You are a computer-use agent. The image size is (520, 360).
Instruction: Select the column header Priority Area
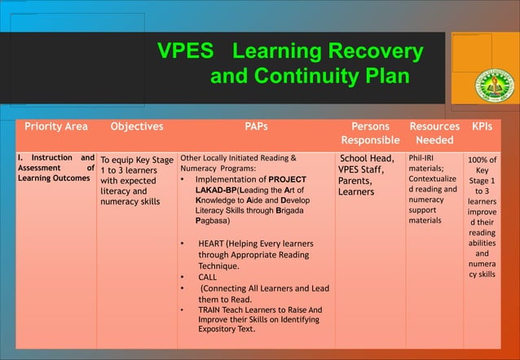(56, 127)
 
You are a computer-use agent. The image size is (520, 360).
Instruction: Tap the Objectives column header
(136, 127)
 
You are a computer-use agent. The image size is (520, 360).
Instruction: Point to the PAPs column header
(256, 127)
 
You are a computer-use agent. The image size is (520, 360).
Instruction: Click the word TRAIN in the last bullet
(210, 310)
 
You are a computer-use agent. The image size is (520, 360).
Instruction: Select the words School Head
(368, 159)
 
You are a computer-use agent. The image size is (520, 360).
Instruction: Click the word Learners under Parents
(356, 192)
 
